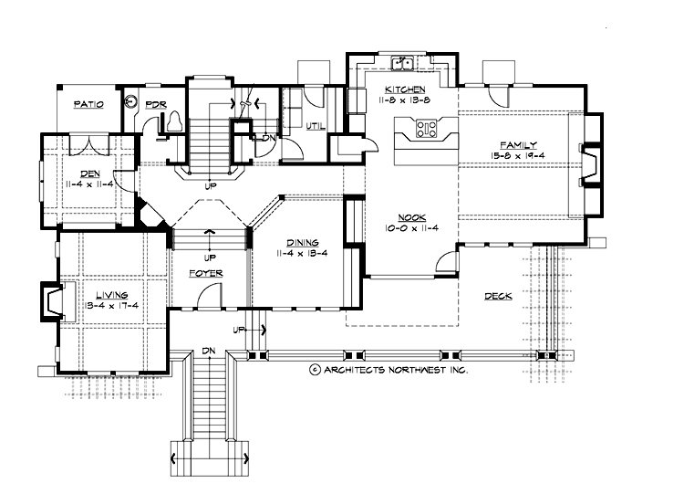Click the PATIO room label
(88, 105)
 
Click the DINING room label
(303, 242)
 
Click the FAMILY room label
(517, 145)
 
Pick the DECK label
(498, 297)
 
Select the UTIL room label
(316, 125)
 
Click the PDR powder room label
(156, 105)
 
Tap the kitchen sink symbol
(401, 63)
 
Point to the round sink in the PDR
(131, 104)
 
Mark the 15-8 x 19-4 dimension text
(516, 156)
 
